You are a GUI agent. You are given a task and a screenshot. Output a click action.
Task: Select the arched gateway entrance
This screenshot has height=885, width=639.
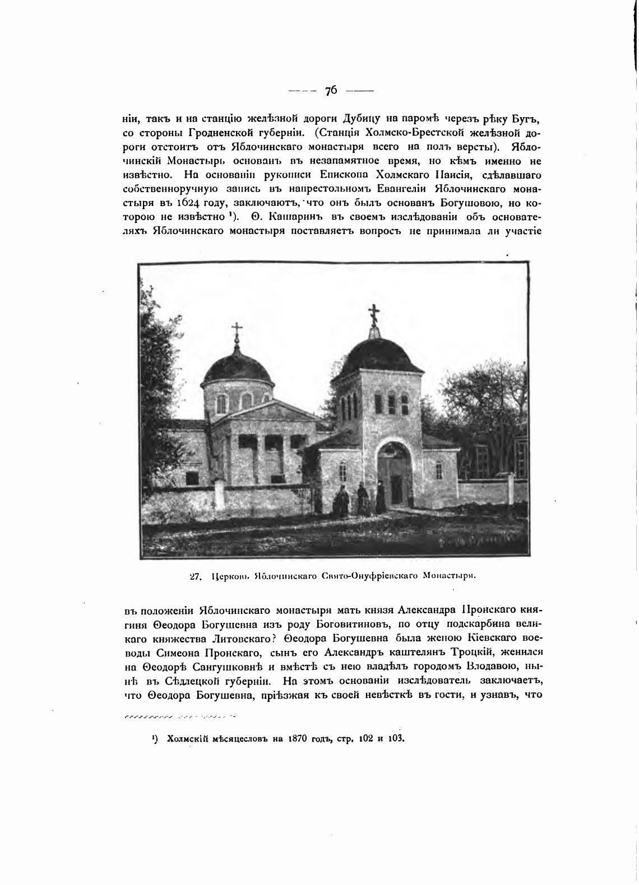(x=397, y=472)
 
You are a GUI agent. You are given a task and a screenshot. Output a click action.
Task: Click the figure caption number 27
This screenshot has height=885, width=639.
(x=196, y=575)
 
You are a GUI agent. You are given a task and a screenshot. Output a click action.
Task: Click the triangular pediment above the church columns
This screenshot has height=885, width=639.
(x=269, y=412)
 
